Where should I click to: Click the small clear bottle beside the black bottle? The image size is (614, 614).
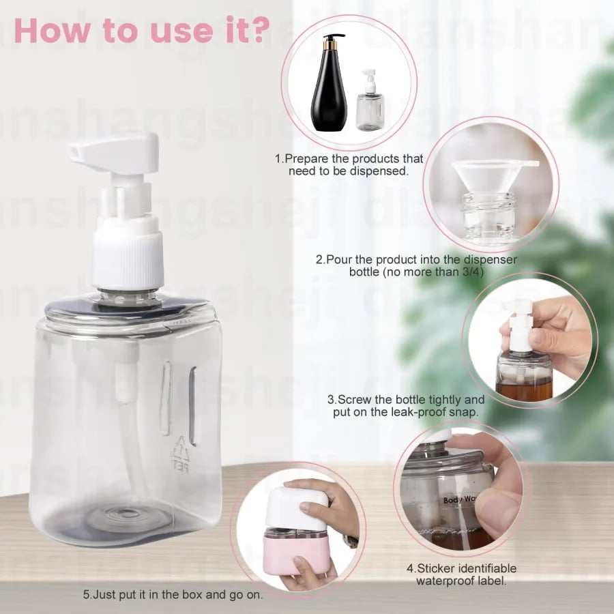(x=370, y=106)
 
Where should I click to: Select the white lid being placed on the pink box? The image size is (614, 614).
(x=297, y=508)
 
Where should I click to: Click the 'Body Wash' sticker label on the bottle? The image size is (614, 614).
(x=458, y=500)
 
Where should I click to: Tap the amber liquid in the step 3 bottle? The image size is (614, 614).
(x=524, y=390)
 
